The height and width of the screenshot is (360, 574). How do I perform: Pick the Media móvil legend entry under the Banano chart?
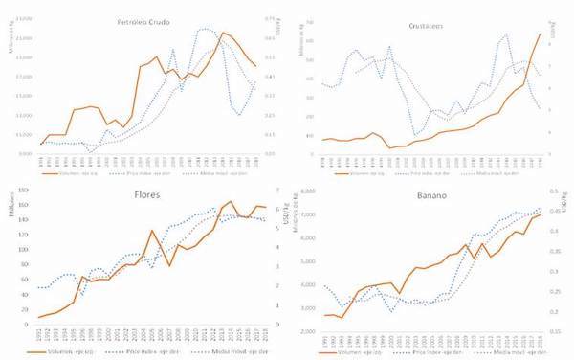coord(504,352)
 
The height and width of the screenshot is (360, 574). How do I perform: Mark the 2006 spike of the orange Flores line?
coord(151,231)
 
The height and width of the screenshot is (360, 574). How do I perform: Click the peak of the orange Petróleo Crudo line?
coord(223,33)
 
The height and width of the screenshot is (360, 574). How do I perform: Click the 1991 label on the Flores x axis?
coord(39,336)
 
